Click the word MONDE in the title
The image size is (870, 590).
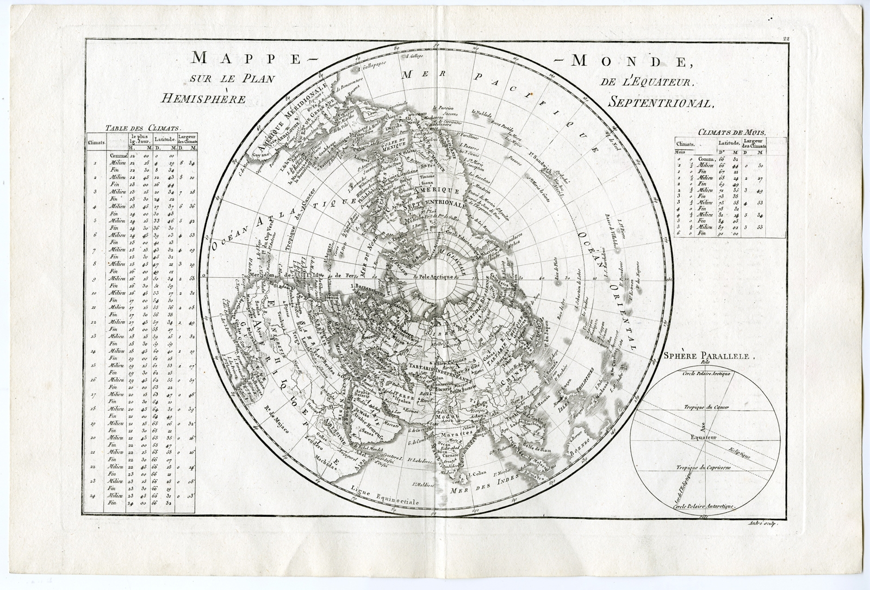tap(633, 61)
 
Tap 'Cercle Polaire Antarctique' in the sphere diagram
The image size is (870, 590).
tap(703, 505)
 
